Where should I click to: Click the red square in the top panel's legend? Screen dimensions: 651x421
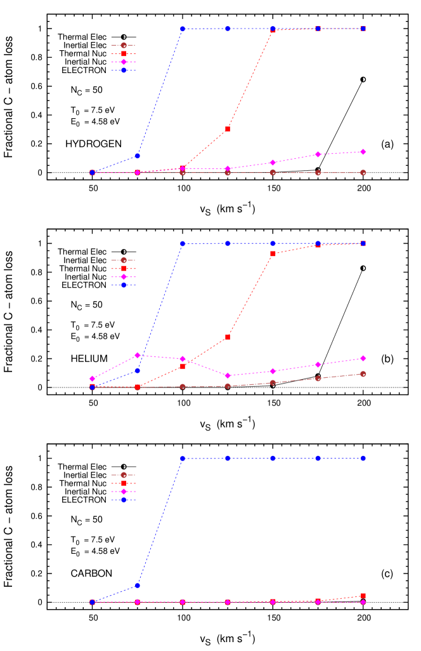[124, 54]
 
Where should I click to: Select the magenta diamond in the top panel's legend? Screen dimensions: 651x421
[124, 62]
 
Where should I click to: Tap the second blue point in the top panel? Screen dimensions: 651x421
[138, 156]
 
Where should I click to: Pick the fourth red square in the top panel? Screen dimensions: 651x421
[228, 129]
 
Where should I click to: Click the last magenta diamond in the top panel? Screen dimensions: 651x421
[363, 152]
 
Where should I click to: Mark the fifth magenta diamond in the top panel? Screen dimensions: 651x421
[273, 163]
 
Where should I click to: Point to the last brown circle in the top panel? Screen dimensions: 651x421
[363, 173]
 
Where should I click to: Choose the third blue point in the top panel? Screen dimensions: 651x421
[183, 29]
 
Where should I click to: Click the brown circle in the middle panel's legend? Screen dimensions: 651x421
[124, 260]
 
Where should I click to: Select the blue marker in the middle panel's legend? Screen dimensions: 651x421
[124, 285]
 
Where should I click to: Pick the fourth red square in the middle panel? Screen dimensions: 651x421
[228, 337]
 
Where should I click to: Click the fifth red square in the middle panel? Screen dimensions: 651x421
[273, 253]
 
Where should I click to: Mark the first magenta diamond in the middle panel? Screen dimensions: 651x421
[92, 379]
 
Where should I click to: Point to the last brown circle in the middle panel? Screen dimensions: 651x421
[363, 374]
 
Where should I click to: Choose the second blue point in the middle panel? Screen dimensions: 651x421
[138, 370]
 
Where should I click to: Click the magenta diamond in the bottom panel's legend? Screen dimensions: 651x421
[124, 492]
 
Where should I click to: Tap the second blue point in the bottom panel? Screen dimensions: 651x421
[138, 585]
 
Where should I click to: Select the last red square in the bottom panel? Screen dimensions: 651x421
[363, 596]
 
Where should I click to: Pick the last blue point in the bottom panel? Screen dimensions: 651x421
[363, 458]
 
